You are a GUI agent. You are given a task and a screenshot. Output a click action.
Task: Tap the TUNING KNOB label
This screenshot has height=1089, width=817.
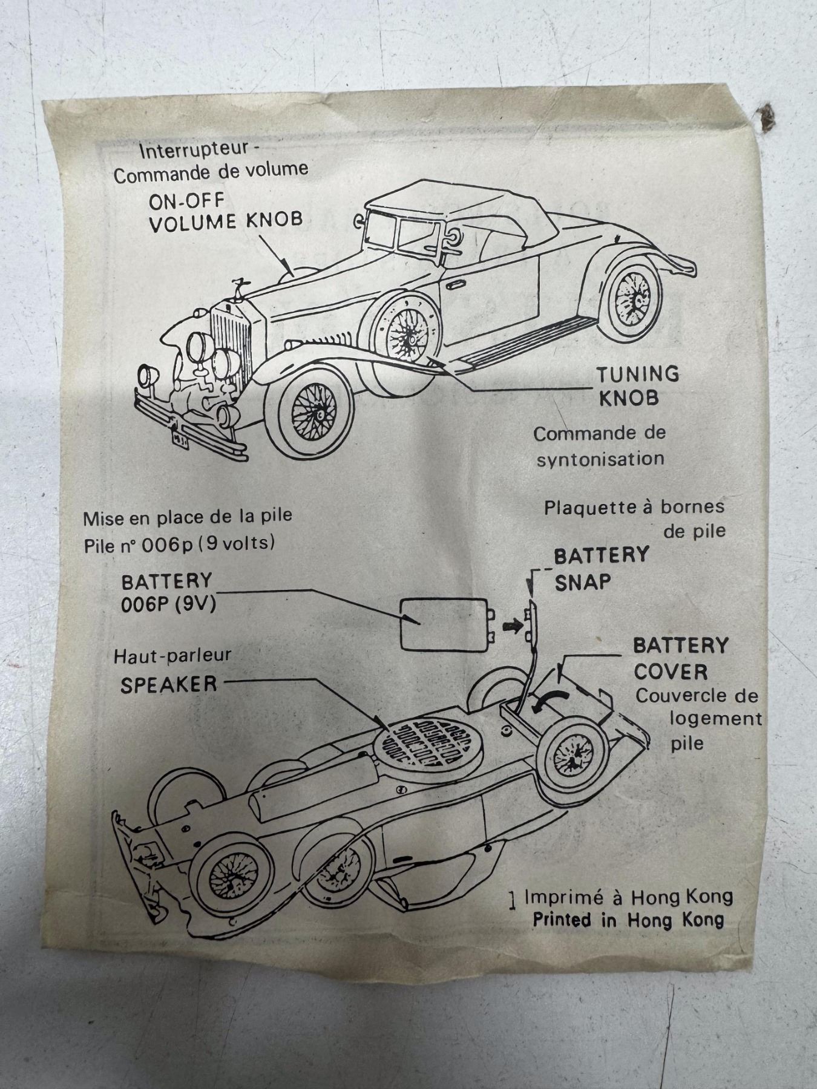[637, 386]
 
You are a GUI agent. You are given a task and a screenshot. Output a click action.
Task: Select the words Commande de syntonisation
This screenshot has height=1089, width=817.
[600, 446]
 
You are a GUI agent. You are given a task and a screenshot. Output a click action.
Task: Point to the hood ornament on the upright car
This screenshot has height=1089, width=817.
[237, 288]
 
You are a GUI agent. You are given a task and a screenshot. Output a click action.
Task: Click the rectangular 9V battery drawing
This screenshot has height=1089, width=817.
[444, 623]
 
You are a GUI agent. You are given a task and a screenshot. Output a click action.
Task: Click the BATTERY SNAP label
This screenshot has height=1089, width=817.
[601, 568]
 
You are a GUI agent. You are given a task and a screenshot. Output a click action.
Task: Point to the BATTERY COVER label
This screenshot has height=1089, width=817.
[679, 658]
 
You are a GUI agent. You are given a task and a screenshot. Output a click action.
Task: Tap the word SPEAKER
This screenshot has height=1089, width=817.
[168, 685]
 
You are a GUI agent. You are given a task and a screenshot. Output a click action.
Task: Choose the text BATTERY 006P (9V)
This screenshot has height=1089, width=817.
[168, 592]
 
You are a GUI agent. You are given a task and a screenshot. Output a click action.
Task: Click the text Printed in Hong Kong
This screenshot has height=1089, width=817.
[628, 920]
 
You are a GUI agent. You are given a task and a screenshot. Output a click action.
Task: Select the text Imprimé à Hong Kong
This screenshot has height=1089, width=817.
[628, 897]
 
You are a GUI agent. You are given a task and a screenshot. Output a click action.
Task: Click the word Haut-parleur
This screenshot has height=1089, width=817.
[172, 655]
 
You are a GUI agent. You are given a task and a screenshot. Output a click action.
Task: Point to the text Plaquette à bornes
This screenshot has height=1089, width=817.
[634, 507]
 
